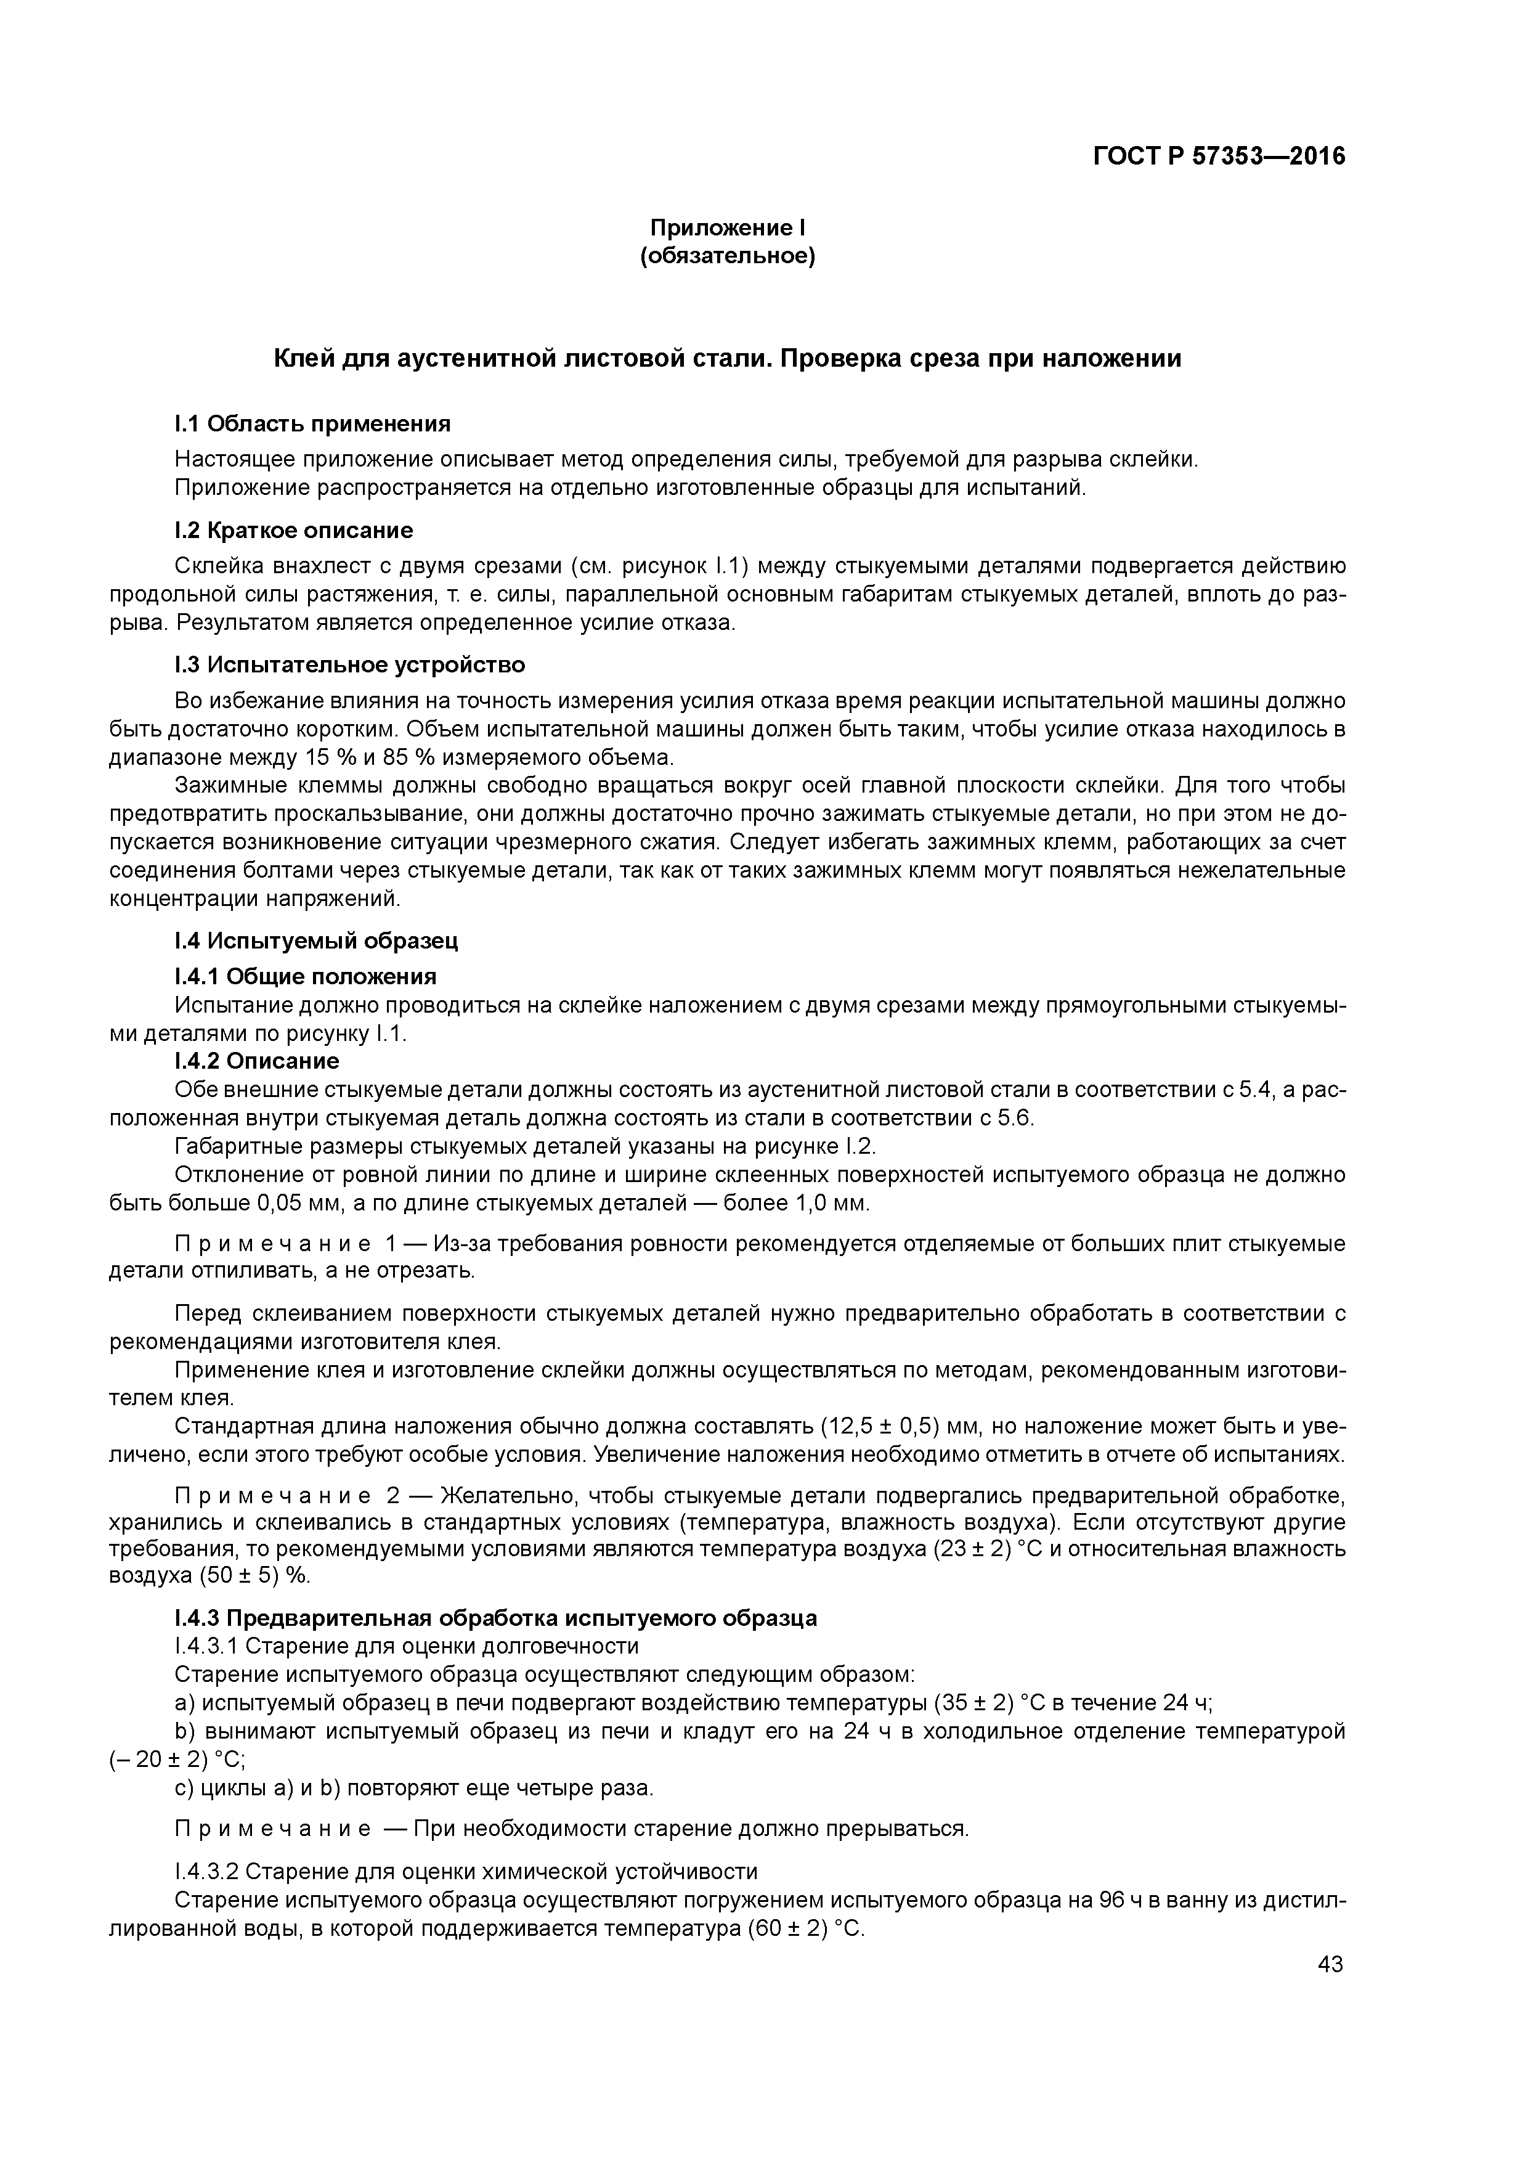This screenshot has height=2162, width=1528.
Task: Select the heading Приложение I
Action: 728,228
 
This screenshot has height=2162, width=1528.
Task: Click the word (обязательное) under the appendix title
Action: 728,256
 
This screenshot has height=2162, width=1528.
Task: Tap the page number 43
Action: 1330,1964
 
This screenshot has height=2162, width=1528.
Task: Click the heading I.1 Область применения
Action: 312,424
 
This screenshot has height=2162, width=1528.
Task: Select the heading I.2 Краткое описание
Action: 294,530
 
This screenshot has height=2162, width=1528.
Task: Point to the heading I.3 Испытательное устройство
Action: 350,665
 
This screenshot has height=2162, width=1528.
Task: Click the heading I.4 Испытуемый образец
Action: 316,940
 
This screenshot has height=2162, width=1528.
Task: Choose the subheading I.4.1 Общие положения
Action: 306,976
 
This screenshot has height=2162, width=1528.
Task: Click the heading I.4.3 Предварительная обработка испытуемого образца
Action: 496,1618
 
